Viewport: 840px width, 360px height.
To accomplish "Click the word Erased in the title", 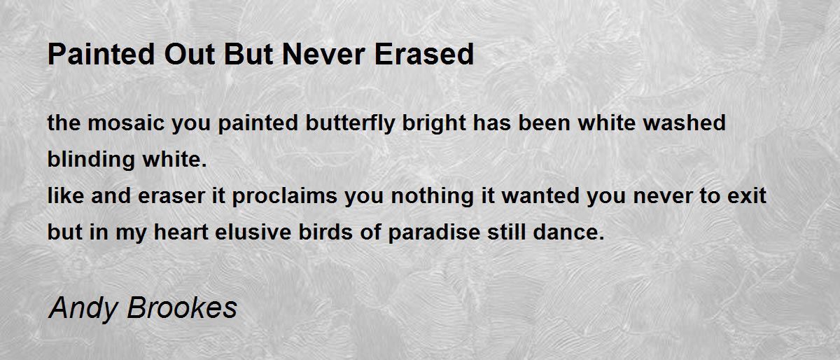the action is click(x=424, y=54).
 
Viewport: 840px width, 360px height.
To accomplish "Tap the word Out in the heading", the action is click(x=190, y=54).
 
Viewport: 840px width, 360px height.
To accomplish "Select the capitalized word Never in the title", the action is click(x=323, y=54).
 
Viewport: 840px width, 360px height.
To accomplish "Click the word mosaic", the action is click(x=126, y=123).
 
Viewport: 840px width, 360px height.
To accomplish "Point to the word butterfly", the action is click(x=350, y=124).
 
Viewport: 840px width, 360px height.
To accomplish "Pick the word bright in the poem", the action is click(x=433, y=124).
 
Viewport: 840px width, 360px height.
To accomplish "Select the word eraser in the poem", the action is click(x=171, y=196).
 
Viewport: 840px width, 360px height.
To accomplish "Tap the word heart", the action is click(x=181, y=232).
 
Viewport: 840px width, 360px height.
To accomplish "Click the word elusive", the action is click(x=253, y=232).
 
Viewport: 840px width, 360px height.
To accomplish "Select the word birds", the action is click(x=325, y=232).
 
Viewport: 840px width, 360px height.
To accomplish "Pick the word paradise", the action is click(x=434, y=233).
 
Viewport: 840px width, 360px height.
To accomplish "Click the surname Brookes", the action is click(x=182, y=307).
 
